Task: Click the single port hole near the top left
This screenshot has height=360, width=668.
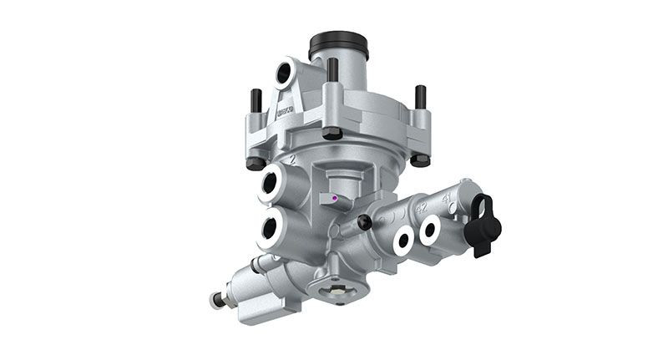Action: click(x=285, y=74)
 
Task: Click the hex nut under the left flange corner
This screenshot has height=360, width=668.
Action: click(x=256, y=161)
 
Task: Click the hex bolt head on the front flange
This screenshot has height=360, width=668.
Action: click(x=331, y=133)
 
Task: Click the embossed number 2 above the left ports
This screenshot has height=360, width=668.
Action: click(x=291, y=158)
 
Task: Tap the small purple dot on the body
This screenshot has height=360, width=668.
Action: click(x=334, y=199)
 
